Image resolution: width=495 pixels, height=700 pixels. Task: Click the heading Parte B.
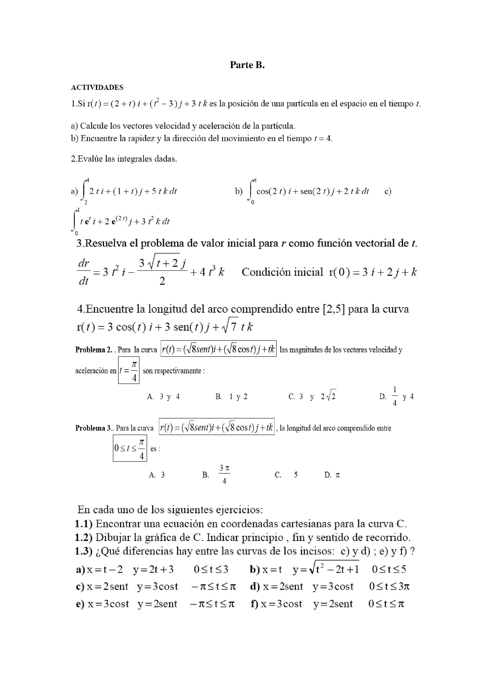pos(247,65)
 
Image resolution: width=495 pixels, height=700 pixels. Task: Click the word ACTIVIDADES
pos(97,87)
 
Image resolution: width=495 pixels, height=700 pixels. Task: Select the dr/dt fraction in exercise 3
pos(84,272)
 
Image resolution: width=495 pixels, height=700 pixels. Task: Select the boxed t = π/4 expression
pos(129,370)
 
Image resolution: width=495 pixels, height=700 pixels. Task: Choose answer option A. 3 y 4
pos(163,397)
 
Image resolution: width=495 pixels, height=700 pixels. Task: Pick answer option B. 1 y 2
pos(231,397)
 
